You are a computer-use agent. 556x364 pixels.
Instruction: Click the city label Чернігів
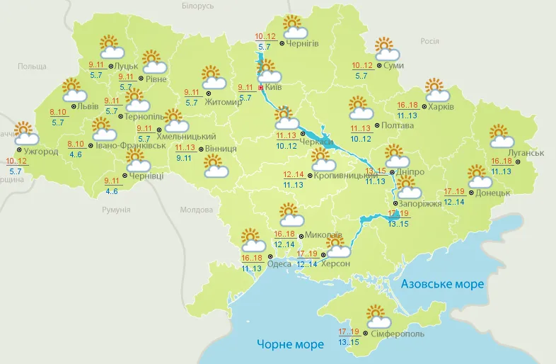[x=303, y=44]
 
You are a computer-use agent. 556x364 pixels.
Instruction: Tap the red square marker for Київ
[x=260, y=88]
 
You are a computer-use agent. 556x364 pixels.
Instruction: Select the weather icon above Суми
[x=386, y=49]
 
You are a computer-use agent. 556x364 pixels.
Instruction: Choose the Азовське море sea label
[x=442, y=284]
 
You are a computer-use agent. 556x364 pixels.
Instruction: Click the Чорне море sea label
[x=290, y=344]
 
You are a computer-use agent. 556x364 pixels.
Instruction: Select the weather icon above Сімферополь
[x=375, y=316]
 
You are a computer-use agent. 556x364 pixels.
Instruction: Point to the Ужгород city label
[x=41, y=151]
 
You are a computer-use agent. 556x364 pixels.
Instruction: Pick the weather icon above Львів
[x=74, y=90]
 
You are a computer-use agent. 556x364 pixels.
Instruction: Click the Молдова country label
[x=196, y=210]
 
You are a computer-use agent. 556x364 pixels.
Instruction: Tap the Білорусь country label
[x=197, y=6]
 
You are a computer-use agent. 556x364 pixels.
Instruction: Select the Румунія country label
[x=116, y=210]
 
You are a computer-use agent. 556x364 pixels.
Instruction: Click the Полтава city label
[x=397, y=125]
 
